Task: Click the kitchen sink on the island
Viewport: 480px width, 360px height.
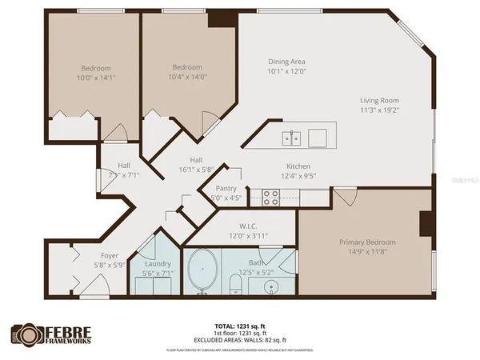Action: tap(292, 138)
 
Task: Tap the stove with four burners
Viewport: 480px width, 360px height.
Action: tap(270, 198)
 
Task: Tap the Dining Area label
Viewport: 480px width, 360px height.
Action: tap(286, 62)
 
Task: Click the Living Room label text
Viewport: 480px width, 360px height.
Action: tap(378, 101)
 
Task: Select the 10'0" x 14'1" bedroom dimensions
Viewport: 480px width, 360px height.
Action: tap(95, 78)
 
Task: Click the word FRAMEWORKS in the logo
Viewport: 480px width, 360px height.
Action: tap(67, 341)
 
